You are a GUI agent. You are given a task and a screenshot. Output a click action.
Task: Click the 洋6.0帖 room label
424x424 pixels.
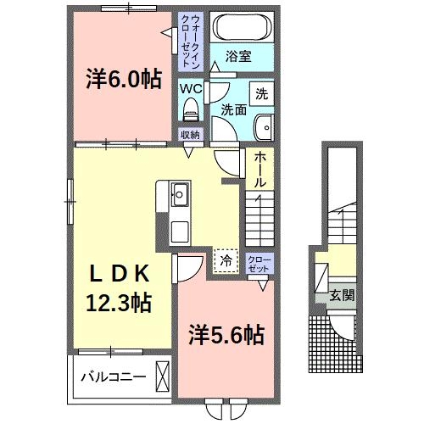click(122, 80)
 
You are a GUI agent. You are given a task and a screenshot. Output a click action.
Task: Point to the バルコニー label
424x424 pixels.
click(113, 376)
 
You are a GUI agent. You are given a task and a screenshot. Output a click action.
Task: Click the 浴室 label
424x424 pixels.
click(238, 58)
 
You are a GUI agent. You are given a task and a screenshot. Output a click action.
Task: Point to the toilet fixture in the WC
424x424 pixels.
click(190, 108)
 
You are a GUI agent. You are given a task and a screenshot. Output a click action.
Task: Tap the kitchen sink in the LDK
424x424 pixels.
click(179, 194)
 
